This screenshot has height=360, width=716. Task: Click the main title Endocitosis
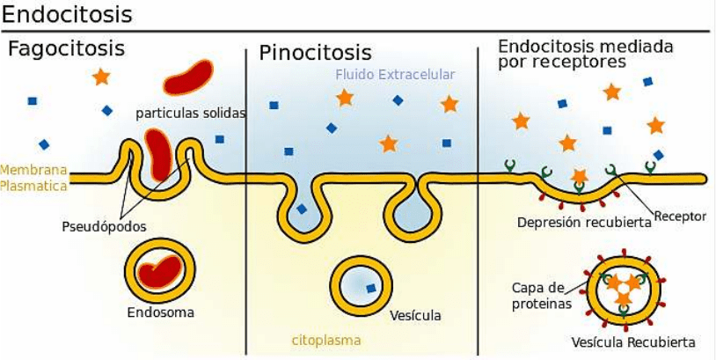tap(68, 16)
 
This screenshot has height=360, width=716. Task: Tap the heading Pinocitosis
tap(315, 53)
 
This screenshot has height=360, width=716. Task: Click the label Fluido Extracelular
tap(394, 75)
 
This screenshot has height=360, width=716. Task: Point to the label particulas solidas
tap(191, 113)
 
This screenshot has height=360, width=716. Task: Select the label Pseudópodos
tap(104, 226)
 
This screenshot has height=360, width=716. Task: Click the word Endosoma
tap(160, 312)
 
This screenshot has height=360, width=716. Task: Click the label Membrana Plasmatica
tap(34, 178)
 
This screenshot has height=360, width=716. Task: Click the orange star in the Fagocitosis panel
tap(101, 77)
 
